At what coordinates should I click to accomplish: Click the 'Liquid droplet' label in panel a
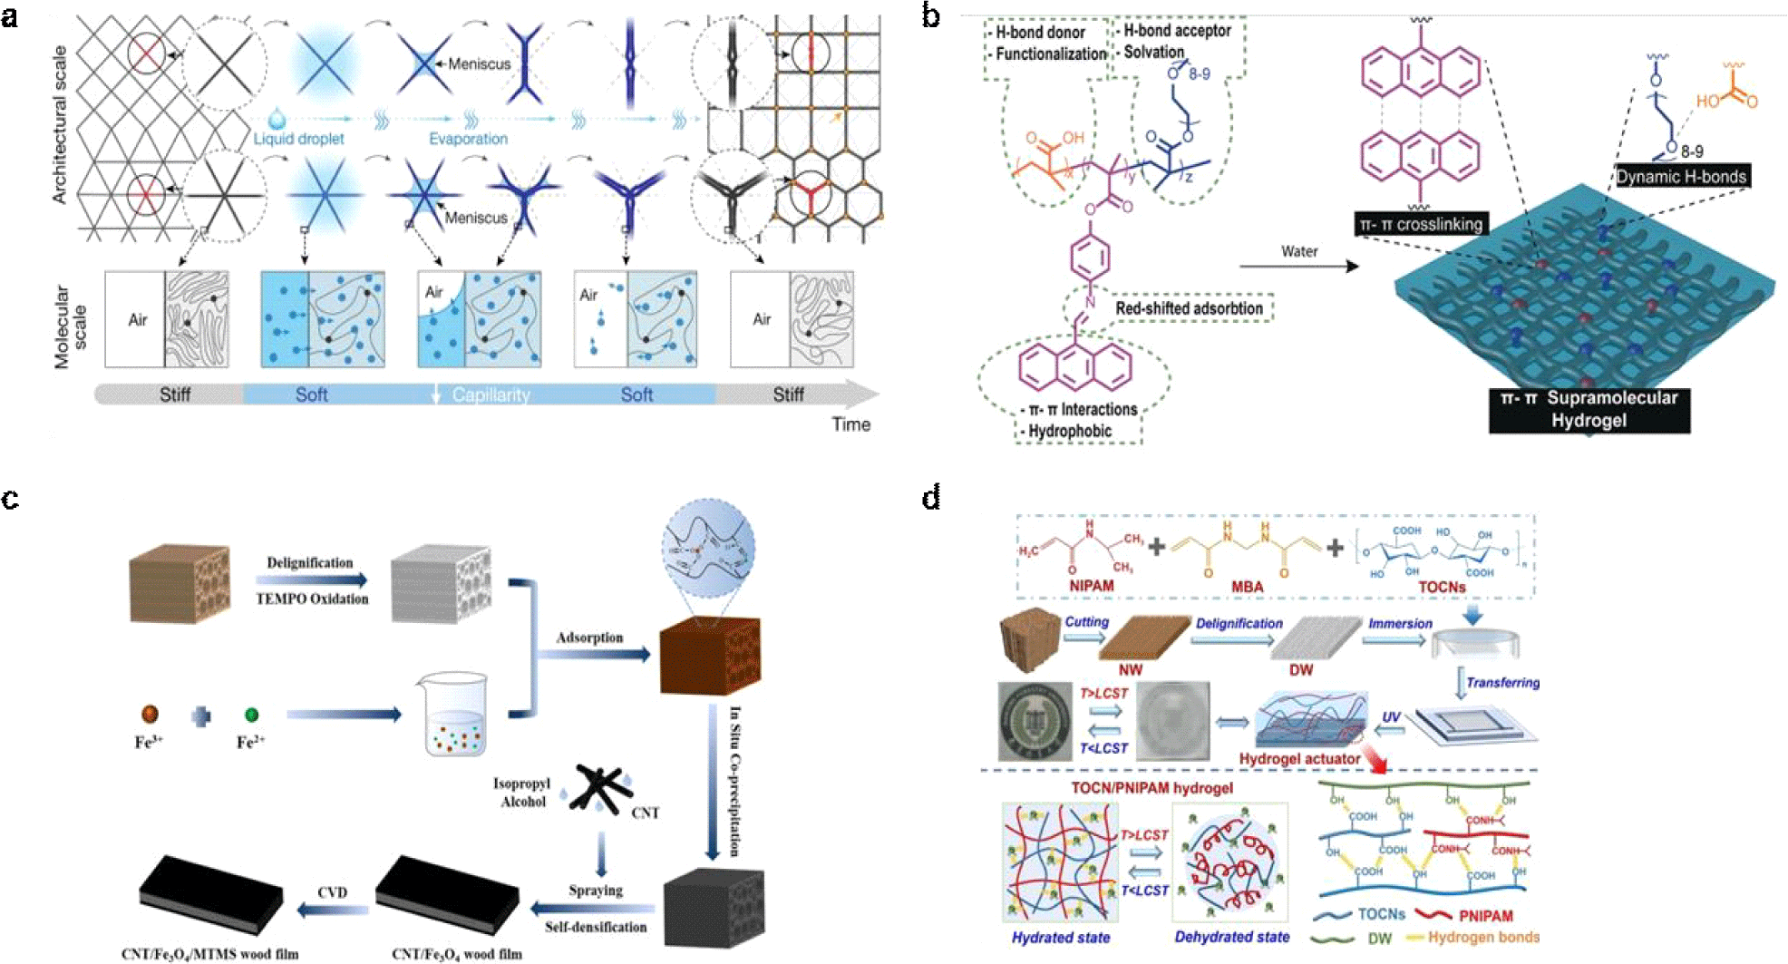tap(298, 139)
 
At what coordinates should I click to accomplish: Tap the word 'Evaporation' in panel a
tap(468, 139)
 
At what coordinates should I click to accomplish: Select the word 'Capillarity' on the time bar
tap(491, 394)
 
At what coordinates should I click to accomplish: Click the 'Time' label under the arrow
tap(850, 424)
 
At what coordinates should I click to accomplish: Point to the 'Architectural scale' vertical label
tap(60, 124)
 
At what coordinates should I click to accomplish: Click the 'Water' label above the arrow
tap(1298, 251)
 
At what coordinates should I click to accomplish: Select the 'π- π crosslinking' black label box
tap(1420, 224)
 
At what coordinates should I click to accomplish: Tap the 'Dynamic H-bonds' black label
tap(1681, 177)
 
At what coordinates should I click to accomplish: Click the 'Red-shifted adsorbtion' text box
tap(1189, 308)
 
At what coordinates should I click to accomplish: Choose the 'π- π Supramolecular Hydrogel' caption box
tap(1589, 409)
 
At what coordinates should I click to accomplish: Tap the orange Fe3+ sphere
tap(150, 715)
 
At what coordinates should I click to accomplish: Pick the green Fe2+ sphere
tap(251, 715)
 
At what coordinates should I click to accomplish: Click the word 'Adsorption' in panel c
tap(589, 638)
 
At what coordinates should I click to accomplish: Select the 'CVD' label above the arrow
tap(332, 892)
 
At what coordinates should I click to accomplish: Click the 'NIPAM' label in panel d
tap(1091, 586)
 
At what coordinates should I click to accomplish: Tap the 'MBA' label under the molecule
tap(1247, 587)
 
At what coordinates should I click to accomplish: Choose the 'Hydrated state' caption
tap(1060, 938)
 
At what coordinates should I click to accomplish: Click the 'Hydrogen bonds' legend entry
tap(1483, 937)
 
